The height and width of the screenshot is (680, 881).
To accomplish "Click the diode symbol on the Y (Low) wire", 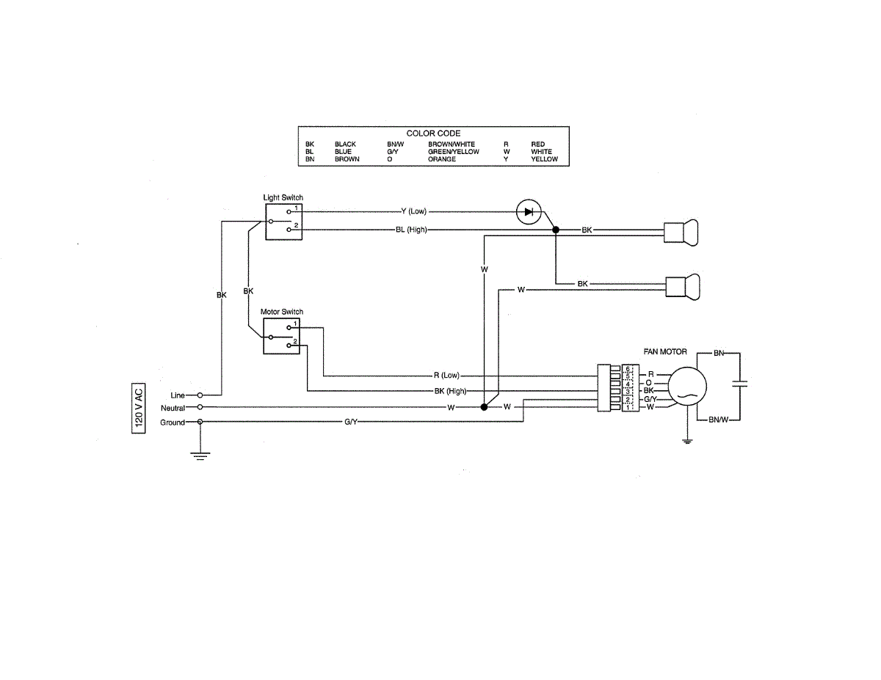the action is pos(529,211).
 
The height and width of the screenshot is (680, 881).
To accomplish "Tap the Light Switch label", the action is pos(283,197).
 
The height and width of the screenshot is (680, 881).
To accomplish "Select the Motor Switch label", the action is pos(282,312).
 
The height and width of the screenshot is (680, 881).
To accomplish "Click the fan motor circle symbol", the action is pos(687,386).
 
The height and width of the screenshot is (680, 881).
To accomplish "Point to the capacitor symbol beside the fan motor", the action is pos(739,383).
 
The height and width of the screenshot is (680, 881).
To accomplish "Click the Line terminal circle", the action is pos(200,395).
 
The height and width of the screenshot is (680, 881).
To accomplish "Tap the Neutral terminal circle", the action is pos(200,407).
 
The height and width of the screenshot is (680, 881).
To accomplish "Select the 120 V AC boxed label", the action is pos(138,408).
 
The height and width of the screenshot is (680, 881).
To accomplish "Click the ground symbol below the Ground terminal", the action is pos(200,456).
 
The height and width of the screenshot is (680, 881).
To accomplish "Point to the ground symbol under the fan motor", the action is pos(687,442).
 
